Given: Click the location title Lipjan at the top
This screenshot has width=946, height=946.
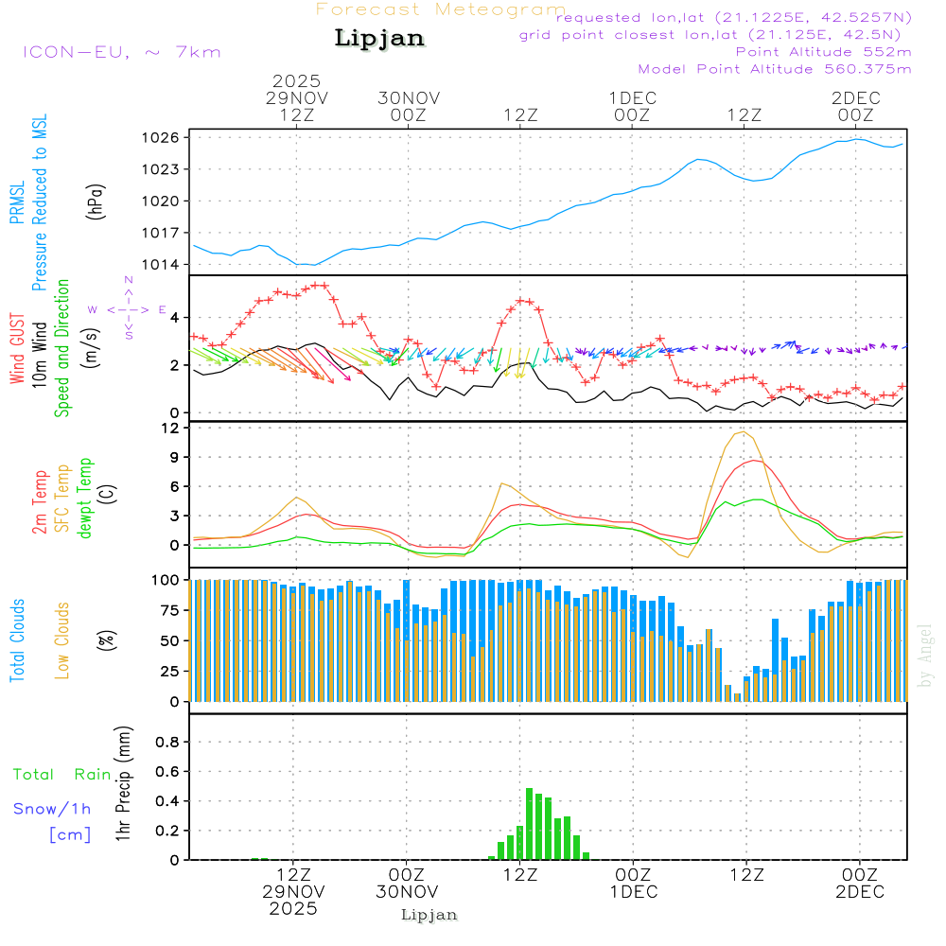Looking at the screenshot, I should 379,39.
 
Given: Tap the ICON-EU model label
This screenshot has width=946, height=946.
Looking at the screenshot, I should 120,52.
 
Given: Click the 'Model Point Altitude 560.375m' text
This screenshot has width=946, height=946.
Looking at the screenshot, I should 774,69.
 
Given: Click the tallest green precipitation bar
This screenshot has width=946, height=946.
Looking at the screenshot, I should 529,824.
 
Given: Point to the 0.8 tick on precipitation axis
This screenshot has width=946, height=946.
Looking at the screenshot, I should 166,743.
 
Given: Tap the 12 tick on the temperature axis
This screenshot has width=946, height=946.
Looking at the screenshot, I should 171,428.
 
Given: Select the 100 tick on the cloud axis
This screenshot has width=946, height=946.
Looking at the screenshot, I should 166,579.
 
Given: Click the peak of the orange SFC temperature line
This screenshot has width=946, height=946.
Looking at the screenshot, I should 744,432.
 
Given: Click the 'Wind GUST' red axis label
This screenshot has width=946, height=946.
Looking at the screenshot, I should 18,351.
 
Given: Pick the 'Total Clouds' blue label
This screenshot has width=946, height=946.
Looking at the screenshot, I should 18,640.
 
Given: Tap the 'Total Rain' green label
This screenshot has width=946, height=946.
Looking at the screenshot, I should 62,775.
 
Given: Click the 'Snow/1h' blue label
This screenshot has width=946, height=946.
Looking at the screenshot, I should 52,810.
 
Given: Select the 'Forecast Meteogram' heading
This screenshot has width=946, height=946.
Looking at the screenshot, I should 441,9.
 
